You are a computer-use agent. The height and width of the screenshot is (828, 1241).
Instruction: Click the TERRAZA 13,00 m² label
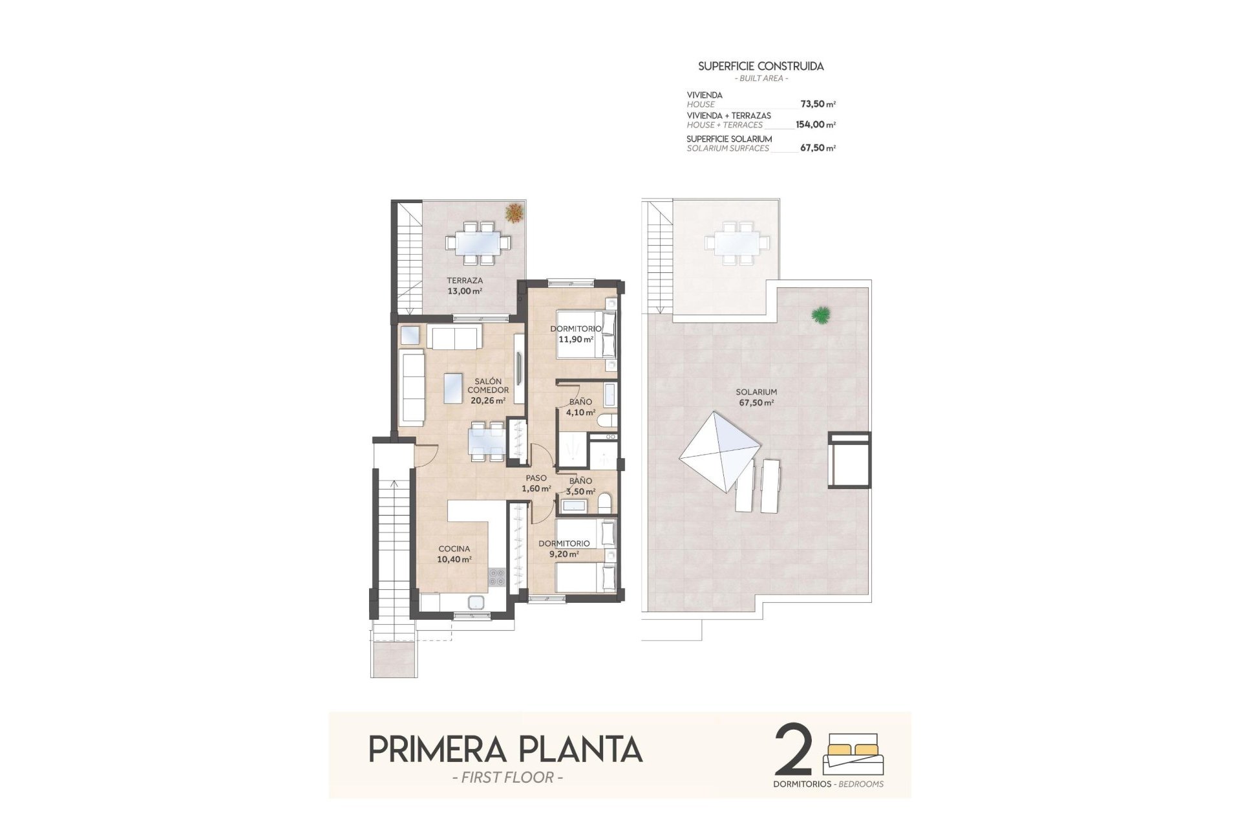[465, 286]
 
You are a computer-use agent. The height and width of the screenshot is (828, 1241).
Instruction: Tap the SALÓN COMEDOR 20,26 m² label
[488, 391]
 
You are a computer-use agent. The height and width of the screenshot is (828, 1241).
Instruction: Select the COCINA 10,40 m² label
[454, 554]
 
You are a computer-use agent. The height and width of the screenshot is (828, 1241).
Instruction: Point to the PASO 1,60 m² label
[536, 483]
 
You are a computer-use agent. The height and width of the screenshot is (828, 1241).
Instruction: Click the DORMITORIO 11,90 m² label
[575, 334]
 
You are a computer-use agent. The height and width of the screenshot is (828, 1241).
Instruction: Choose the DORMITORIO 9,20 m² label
[564, 549]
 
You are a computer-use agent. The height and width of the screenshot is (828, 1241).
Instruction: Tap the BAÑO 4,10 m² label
[580, 407]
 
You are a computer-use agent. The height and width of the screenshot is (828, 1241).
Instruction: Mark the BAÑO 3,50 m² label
[580, 486]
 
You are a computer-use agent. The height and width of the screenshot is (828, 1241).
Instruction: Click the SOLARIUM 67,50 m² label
[756, 397]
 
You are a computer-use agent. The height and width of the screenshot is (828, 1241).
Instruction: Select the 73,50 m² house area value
[818, 104]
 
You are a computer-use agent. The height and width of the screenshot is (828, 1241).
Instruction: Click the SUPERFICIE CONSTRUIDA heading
[761, 66]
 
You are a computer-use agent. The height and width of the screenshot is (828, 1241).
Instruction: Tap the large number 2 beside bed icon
[793, 750]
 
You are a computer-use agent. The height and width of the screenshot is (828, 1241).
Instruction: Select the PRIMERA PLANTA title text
[505, 750]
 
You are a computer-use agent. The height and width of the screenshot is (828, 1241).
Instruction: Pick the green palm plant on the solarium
[821, 315]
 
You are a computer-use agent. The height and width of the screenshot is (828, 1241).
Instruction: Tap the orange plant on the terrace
[514, 213]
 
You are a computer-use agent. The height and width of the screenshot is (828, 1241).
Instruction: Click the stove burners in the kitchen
[497, 576]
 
